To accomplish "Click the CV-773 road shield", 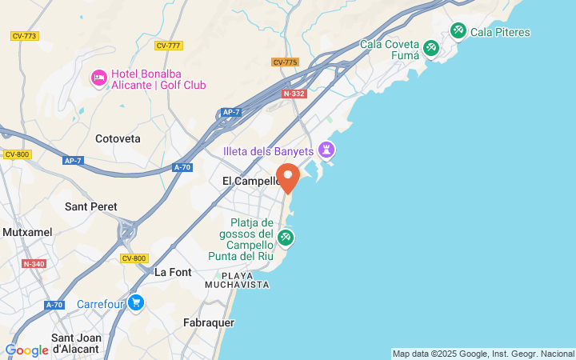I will coord(25,36).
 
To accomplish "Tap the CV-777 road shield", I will coord(168,46).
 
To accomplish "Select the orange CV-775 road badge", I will coord(285,62).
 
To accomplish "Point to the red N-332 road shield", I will coord(294,94).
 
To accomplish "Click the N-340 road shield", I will coord(34,264).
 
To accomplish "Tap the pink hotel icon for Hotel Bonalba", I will coord(99,78).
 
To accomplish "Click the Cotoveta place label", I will coord(118,138).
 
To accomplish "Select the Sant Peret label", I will coord(91,206).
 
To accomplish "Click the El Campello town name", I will coord(250,182).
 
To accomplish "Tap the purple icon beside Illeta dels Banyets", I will coord(326,150).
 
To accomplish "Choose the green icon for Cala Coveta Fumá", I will coord(431,49).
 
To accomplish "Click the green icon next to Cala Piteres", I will coord(458,31).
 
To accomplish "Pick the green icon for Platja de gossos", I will coord(286,238).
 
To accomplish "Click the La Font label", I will coord(173,272).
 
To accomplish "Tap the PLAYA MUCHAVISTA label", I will coord(237,280).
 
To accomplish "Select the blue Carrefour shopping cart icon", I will coord(136,303).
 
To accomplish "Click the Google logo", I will coord(26,350).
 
